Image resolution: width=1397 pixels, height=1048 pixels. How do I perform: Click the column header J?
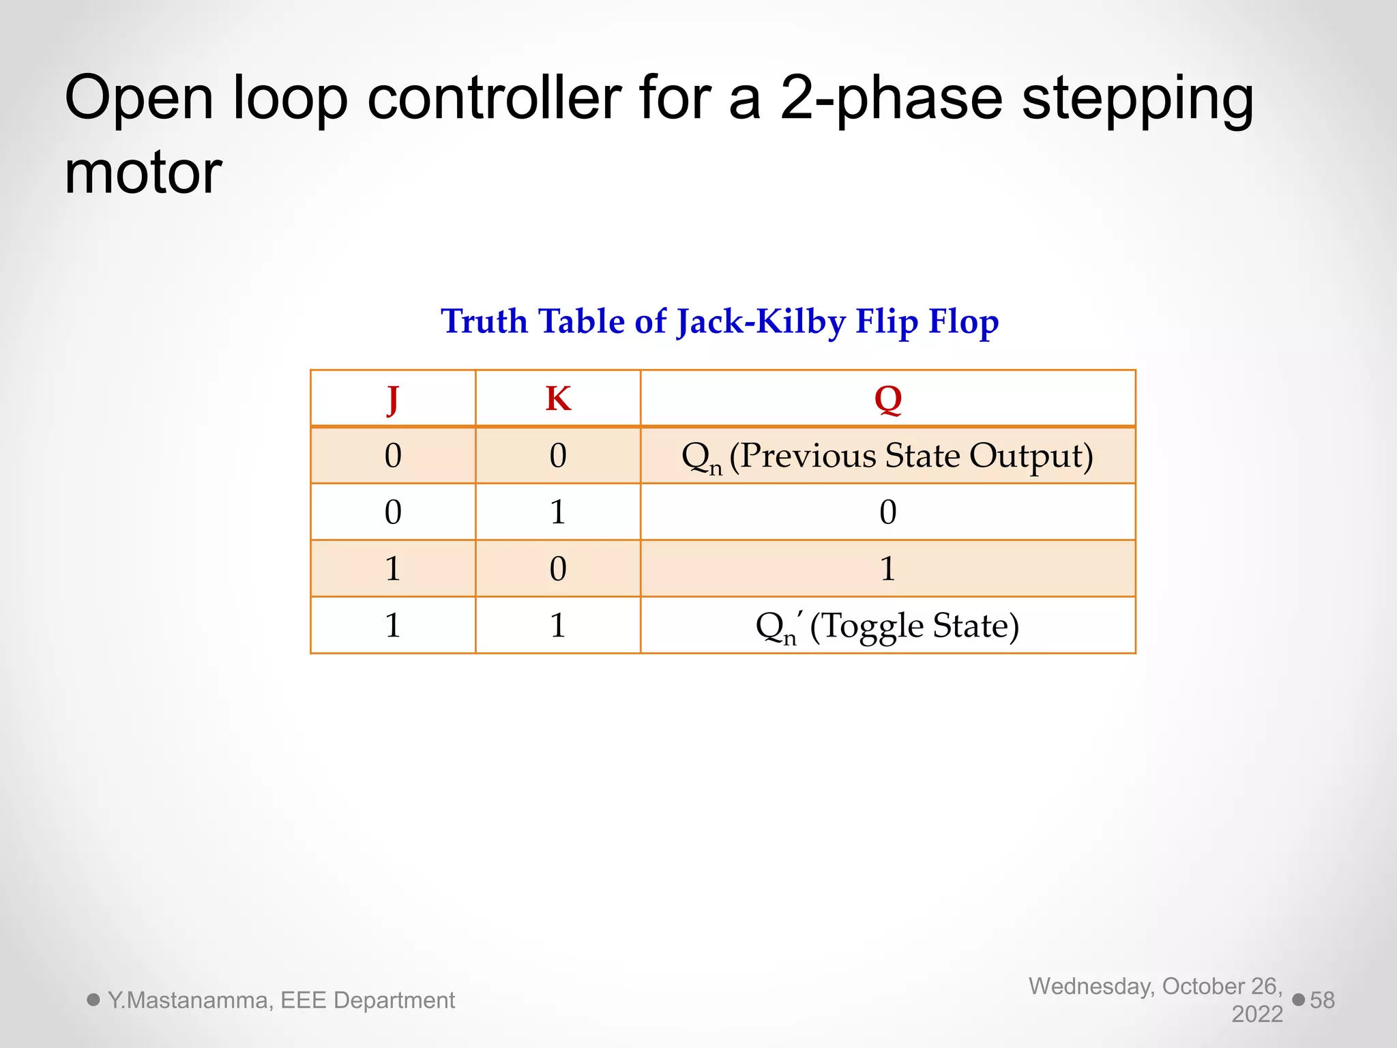(392, 398)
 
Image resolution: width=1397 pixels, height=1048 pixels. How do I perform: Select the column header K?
(558, 398)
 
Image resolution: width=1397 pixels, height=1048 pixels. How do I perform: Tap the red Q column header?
(887, 398)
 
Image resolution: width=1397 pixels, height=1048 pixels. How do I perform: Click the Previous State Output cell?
(887, 456)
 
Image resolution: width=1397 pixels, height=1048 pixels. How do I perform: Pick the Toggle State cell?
(887, 625)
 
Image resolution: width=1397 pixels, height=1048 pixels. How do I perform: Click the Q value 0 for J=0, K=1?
(887, 512)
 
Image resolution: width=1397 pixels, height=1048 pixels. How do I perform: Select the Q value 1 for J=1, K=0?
(887, 568)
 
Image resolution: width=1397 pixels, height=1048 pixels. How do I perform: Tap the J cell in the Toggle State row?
(392, 625)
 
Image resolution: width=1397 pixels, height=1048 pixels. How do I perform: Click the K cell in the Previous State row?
(558, 456)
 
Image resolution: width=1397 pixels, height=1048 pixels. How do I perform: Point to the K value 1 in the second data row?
(558, 512)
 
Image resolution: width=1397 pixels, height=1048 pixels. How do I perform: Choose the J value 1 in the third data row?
(392, 568)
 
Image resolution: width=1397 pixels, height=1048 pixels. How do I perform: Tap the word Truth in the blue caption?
(484, 321)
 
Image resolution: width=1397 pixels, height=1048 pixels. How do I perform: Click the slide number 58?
(1322, 1000)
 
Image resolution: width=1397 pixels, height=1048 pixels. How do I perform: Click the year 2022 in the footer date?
(1256, 1015)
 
